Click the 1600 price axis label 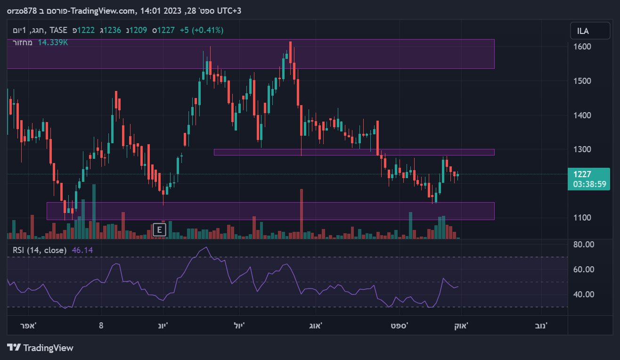point(582,47)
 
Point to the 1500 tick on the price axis point(582,81)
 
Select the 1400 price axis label point(582,115)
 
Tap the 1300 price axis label point(582,149)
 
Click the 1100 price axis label point(582,218)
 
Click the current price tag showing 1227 point(582,174)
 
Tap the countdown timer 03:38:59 point(589,184)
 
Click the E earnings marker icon point(160,230)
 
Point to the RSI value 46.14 point(82,250)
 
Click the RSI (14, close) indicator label point(40,250)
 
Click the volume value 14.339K point(53,42)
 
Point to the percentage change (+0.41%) point(208,30)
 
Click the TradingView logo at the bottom point(41,348)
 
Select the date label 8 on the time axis point(101,326)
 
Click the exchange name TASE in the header point(58,30)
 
